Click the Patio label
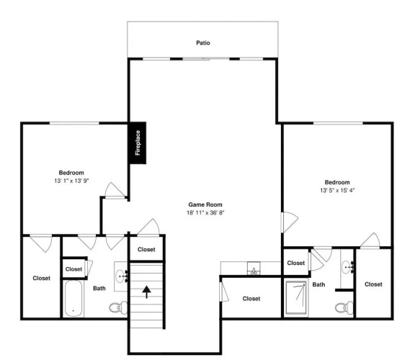point(203,43)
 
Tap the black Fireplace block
point(138,143)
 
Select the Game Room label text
point(205,204)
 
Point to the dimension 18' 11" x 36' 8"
point(205,212)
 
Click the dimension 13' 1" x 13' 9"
point(71,181)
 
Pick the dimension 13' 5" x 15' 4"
point(337,191)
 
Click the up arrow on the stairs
point(147,292)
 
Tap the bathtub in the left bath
point(73,298)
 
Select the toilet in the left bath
point(118,307)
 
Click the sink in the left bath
point(122,276)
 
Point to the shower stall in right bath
point(296,298)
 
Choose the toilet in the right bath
point(344,307)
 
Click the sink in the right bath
point(347,267)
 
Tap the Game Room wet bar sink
point(254,269)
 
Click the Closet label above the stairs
point(146,249)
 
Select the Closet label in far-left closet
point(42,278)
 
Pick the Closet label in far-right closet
point(373,284)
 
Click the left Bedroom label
point(71,173)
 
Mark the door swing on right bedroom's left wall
point(290,222)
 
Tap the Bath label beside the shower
point(318,284)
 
